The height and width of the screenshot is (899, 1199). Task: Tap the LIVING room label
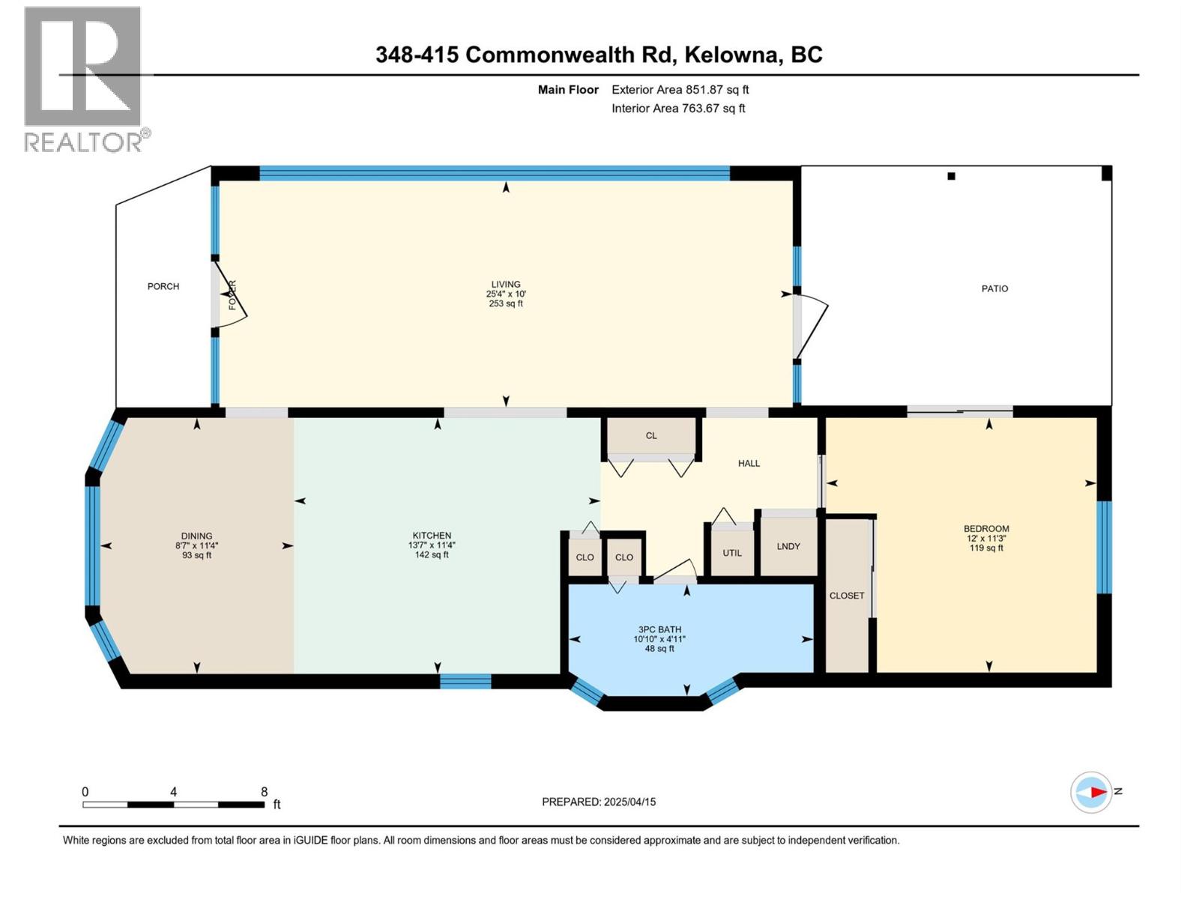click(x=506, y=284)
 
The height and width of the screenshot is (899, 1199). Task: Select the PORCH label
click(x=163, y=286)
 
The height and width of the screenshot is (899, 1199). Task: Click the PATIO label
click(x=994, y=288)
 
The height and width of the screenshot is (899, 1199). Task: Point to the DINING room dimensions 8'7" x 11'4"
click(x=196, y=546)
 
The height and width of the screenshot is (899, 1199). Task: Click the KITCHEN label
click(x=432, y=536)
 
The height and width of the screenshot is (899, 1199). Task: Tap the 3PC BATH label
click(x=659, y=629)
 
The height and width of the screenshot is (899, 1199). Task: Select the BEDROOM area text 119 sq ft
click(x=986, y=548)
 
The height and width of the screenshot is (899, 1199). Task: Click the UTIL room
click(x=732, y=553)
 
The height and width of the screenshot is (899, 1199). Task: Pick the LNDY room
click(x=788, y=546)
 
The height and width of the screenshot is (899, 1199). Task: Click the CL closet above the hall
click(x=651, y=435)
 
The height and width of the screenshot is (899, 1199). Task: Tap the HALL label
click(x=749, y=463)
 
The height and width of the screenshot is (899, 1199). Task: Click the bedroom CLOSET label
click(x=847, y=596)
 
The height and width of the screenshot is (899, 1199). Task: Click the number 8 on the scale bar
click(x=264, y=792)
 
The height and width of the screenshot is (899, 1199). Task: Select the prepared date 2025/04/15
click(x=629, y=802)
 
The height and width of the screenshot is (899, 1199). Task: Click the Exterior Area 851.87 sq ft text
click(x=680, y=89)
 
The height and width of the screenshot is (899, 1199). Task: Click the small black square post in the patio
click(x=951, y=176)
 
